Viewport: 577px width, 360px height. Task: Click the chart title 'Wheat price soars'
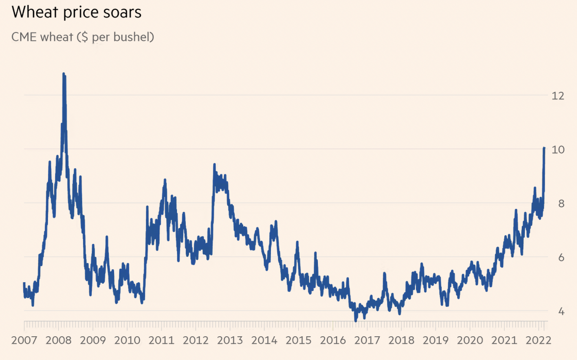click(76, 12)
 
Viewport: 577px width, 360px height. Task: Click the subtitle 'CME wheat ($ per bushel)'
click(83, 37)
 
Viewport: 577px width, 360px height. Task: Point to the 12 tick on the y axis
click(557, 96)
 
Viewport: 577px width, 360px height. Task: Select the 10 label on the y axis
click(557, 150)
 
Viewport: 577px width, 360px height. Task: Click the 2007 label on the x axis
click(24, 341)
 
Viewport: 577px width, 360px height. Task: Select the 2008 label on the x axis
click(58, 341)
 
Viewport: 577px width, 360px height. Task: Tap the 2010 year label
click(127, 341)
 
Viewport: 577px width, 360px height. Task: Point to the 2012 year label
click(196, 341)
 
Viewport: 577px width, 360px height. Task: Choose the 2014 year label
click(264, 341)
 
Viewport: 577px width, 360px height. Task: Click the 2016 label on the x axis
click(333, 341)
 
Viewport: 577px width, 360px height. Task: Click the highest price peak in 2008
click(63, 74)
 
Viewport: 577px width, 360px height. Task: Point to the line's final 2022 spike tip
click(544, 148)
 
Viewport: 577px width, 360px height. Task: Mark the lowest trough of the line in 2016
click(356, 320)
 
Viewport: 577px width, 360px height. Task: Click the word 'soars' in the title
click(123, 12)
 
